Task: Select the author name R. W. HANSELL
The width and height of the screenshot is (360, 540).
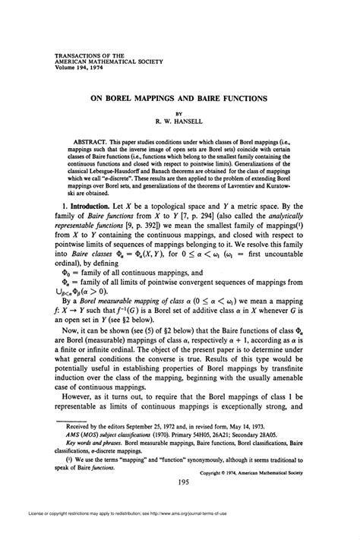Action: [179, 119]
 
